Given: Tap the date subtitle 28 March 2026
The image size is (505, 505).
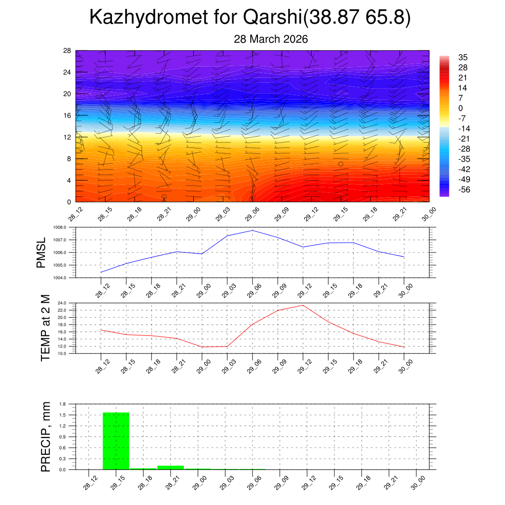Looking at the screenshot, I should click(271, 39).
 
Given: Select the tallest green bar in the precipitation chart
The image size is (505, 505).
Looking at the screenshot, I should click(116, 441).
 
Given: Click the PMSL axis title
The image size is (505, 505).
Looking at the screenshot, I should click(41, 252).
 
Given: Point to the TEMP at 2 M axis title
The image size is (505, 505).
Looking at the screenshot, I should click(45, 328).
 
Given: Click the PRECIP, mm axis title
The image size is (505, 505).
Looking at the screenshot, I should click(45, 436).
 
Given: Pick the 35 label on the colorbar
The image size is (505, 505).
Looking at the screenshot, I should click(463, 57).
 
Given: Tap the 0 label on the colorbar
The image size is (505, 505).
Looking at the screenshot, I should click(461, 108).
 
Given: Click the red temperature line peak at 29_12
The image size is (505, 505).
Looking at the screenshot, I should click(303, 305).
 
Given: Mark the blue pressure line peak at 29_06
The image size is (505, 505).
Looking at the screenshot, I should click(252, 230).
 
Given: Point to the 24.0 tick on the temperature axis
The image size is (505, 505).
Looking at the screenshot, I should click(68, 303).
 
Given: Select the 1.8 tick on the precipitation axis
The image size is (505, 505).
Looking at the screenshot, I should click(63, 404).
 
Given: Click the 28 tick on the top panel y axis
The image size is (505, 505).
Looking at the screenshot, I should click(67, 50).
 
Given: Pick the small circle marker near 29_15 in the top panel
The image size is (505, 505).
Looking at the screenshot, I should click(341, 164).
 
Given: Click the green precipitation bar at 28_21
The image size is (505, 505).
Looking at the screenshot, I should click(171, 467).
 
